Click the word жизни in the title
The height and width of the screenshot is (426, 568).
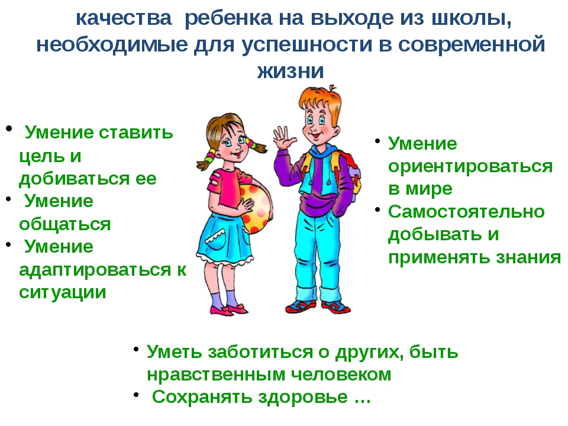[x=291, y=71]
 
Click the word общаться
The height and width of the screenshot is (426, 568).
[x=65, y=225]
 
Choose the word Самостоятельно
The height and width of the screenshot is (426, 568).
[x=466, y=212]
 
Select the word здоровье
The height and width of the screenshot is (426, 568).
[x=303, y=398]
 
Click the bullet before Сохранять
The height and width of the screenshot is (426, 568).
[x=136, y=395]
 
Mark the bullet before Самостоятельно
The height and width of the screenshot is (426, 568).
[x=377, y=209]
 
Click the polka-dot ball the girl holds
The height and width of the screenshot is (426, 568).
[x=256, y=208]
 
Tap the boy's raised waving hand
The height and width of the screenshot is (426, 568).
[x=285, y=138]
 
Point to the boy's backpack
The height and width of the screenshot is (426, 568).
[x=350, y=172]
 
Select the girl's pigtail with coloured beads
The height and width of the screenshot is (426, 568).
[x=209, y=159]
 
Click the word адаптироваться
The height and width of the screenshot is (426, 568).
[x=95, y=270]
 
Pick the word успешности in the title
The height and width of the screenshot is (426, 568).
[x=307, y=45]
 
